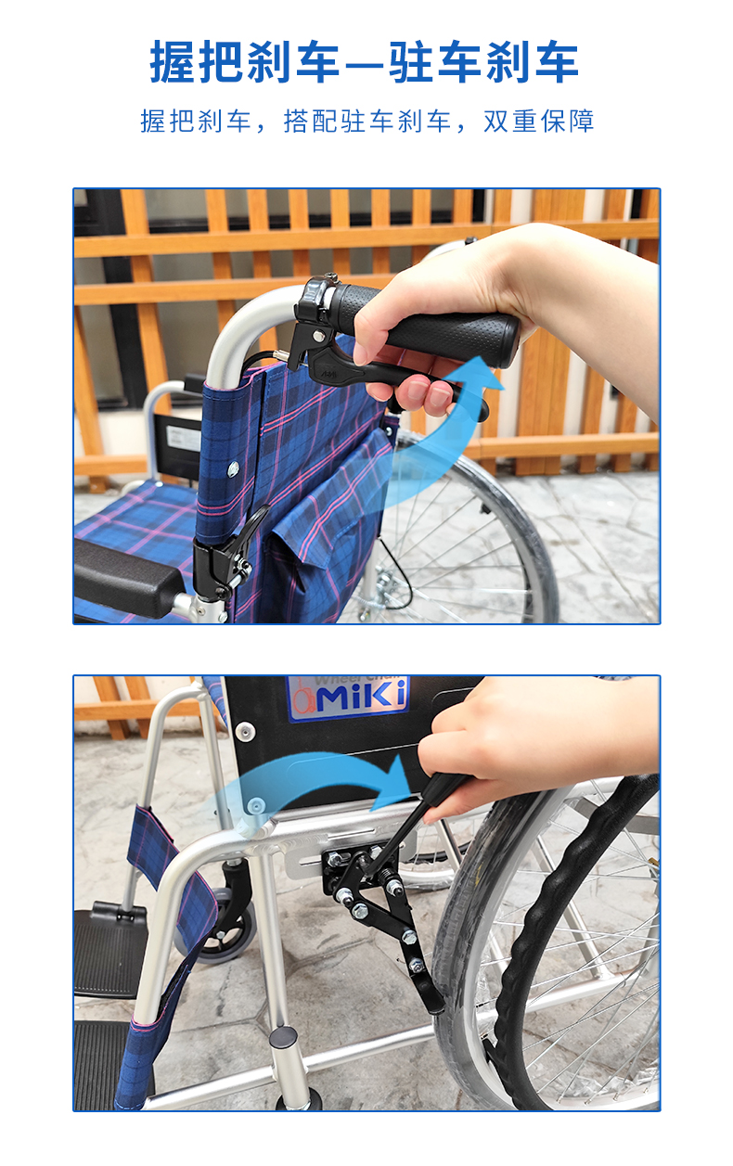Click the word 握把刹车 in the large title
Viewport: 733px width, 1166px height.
[245, 61]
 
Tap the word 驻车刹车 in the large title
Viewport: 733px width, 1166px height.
[484, 61]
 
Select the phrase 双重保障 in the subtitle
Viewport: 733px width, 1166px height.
[538, 121]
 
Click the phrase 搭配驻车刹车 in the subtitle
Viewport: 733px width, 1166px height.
[367, 121]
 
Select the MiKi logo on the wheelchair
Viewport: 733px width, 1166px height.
[349, 697]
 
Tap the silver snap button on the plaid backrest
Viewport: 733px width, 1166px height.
[233, 470]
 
